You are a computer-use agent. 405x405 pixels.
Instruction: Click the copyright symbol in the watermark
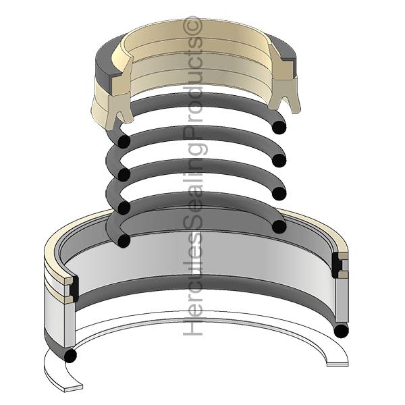point(192,26)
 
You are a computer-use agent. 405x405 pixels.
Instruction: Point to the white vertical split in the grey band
point(196,253)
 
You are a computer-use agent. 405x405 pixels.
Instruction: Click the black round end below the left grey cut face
point(70,356)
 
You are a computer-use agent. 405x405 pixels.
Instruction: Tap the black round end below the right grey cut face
point(341,331)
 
